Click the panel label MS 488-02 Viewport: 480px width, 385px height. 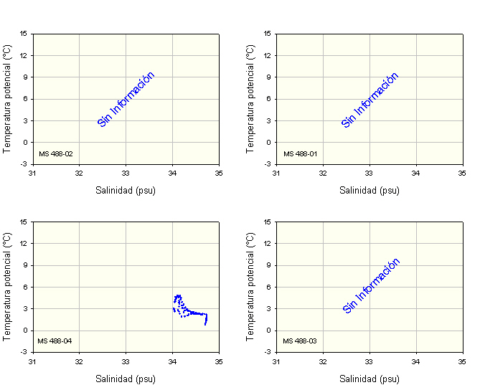point(55,153)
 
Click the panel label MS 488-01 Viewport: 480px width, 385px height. point(300,153)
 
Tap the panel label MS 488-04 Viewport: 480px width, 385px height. point(55,341)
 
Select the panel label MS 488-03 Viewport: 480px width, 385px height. point(300,341)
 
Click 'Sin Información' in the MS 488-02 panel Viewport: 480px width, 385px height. point(126,100)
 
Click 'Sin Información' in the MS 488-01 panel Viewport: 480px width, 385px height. point(370,100)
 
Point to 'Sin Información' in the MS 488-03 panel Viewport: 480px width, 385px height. point(372,286)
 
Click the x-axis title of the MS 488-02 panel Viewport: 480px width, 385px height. point(126,191)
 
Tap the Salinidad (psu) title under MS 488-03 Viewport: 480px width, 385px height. point(370,379)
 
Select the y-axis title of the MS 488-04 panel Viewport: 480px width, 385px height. point(8,286)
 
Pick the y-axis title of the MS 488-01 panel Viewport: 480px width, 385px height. point(251,98)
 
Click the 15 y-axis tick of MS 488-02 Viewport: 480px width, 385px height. point(24,33)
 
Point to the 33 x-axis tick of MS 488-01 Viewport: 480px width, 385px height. point(370,174)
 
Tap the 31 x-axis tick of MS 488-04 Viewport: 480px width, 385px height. point(32,361)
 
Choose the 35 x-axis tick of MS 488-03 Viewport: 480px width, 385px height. point(463,361)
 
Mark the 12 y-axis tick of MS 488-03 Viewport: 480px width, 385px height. point(268,243)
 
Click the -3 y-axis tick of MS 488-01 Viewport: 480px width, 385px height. point(267,164)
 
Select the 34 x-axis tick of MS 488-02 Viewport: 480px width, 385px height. point(172,174)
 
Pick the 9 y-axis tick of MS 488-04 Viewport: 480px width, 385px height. point(25,265)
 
